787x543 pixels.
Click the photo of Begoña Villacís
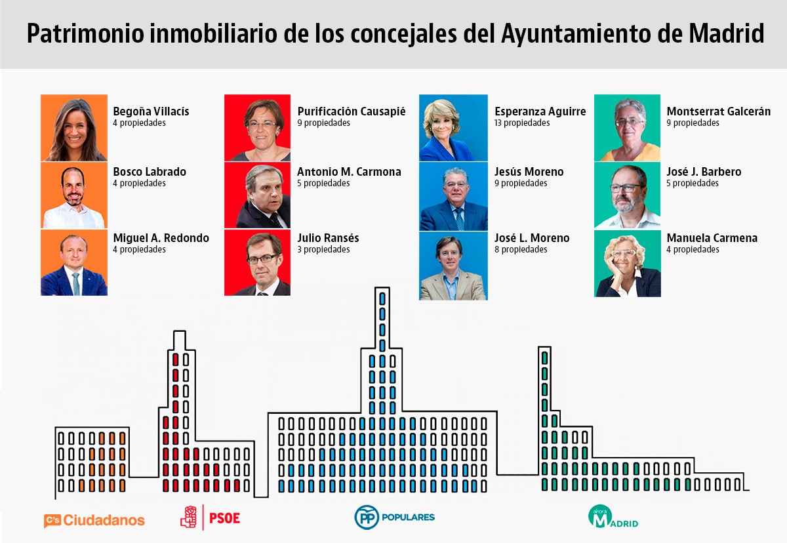coord(74,128)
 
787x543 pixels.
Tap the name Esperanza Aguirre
coord(540,111)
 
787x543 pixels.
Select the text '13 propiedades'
coord(522,123)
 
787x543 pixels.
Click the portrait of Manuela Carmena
coord(628,263)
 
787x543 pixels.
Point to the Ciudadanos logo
coord(94,520)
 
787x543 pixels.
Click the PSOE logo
coord(211,517)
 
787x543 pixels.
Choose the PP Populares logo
coord(395,517)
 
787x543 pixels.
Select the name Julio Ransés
coord(328,238)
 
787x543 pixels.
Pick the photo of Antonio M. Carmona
coord(257,195)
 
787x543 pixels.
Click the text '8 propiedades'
coord(521,250)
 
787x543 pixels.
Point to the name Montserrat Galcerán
coord(718,111)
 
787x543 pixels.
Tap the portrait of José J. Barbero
coord(628,195)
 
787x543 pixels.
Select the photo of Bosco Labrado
coord(74,195)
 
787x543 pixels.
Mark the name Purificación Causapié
coord(351,111)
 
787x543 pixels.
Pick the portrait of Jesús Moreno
coord(454,195)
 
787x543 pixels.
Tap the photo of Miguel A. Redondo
coord(74,263)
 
